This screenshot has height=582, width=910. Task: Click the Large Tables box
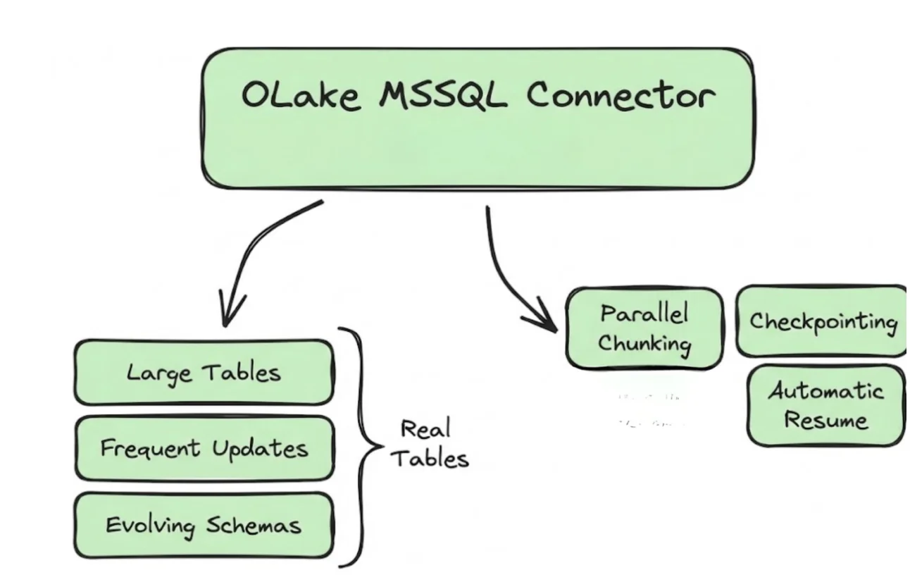(x=204, y=373)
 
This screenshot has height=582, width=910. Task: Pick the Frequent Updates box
(x=204, y=448)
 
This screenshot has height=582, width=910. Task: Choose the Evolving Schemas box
(x=204, y=525)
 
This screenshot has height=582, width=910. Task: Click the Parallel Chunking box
(x=644, y=328)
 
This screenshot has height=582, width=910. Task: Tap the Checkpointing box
(x=823, y=322)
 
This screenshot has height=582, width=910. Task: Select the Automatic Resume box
(x=825, y=405)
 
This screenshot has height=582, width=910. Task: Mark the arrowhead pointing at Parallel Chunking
(x=546, y=323)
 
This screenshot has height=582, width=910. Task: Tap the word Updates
(x=266, y=449)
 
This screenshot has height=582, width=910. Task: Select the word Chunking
(x=644, y=345)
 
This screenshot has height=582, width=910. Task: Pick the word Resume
(x=825, y=421)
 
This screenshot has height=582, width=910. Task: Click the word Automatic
(x=825, y=390)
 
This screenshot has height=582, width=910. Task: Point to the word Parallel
(x=644, y=313)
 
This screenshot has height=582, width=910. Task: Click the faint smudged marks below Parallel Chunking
(x=650, y=411)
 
